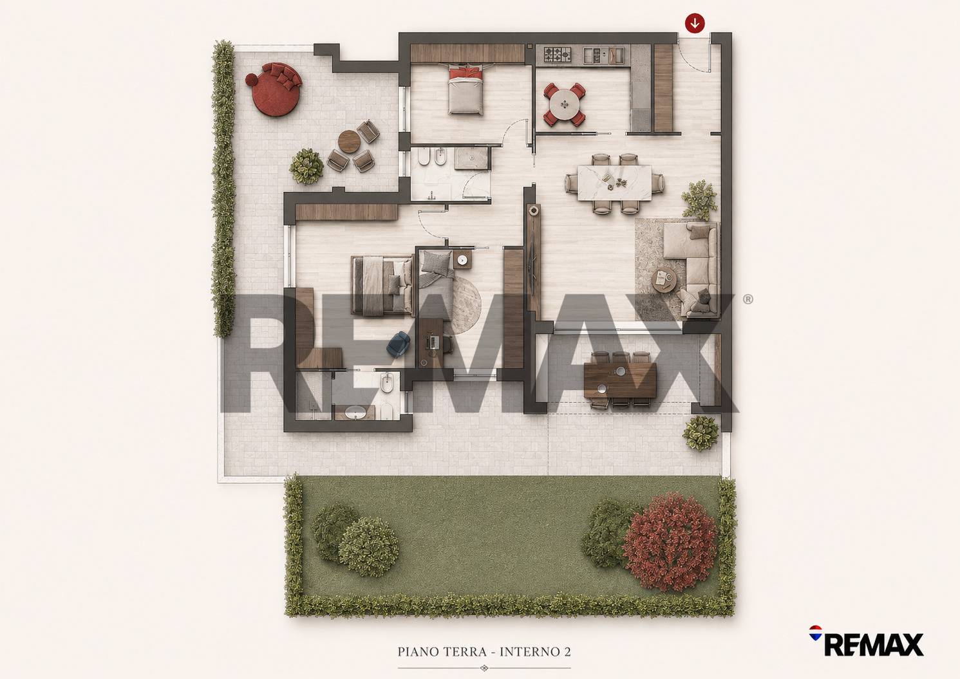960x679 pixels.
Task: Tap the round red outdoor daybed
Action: (x=274, y=89)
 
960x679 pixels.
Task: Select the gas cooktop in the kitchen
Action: (x=558, y=55)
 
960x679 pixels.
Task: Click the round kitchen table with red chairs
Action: (x=565, y=104)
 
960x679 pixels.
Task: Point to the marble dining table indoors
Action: (x=615, y=183)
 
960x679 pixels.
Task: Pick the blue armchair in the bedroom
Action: (x=399, y=344)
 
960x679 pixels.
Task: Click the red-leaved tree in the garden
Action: (x=670, y=541)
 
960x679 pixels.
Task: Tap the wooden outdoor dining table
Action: (x=620, y=380)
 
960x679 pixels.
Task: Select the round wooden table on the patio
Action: (x=349, y=142)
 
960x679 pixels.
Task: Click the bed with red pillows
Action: (x=466, y=91)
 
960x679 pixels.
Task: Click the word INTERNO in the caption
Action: (x=529, y=652)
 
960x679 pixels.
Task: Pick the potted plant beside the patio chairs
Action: (x=306, y=166)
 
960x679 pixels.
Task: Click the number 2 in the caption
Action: (x=567, y=652)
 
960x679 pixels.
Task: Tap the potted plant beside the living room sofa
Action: (x=699, y=201)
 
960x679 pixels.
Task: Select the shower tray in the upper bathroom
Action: (x=471, y=158)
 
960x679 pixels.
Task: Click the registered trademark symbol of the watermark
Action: (x=748, y=299)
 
